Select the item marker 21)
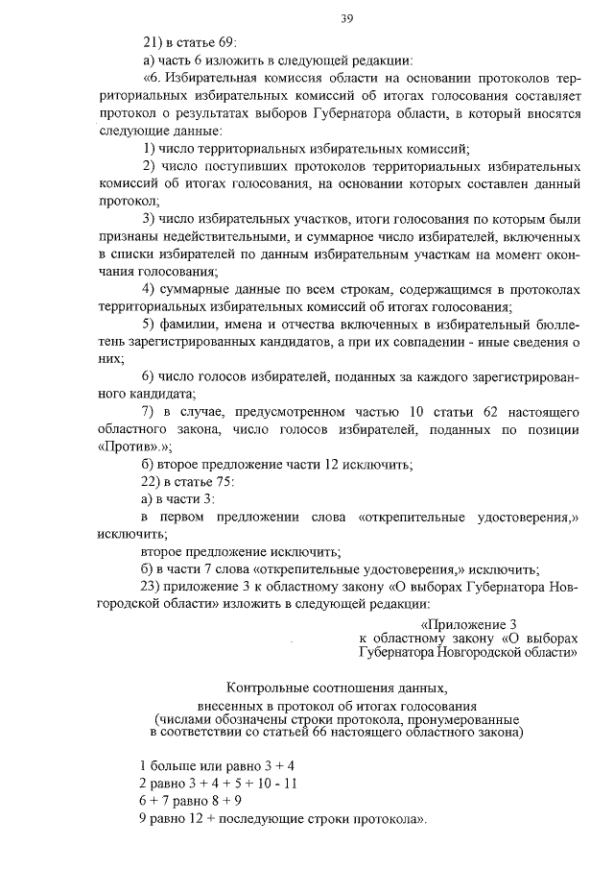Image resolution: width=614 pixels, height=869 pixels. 152,42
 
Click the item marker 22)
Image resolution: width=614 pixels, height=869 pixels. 152,482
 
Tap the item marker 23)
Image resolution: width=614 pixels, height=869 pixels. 152,587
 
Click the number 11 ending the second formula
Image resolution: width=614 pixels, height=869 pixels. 292,785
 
